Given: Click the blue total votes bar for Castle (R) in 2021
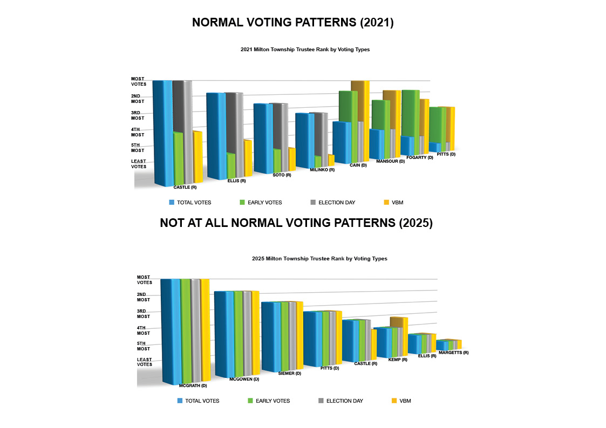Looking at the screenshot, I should pyautogui.click(x=162, y=132).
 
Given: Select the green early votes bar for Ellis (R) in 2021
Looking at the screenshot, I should pyautogui.click(x=231, y=165).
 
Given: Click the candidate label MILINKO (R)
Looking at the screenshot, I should pyautogui.click(x=322, y=170).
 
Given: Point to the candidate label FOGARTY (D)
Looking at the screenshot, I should pyautogui.click(x=419, y=157).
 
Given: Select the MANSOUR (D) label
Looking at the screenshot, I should pyautogui.click(x=390, y=161).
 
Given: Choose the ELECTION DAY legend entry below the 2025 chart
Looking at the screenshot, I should pyautogui.click(x=344, y=401).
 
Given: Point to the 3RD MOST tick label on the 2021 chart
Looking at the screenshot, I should pyautogui.click(x=138, y=115).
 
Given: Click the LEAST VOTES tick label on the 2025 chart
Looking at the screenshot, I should pyautogui.click(x=144, y=362).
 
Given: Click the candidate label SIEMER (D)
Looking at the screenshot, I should pyautogui.click(x=289, y=373).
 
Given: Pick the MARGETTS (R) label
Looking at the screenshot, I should pyautogui.click(x=453, y=353).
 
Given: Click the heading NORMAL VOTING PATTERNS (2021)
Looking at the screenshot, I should pyautogui.click(x=293, y=23).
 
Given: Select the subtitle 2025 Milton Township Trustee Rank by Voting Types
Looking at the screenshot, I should pyautogui.click(x=319, y=259).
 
